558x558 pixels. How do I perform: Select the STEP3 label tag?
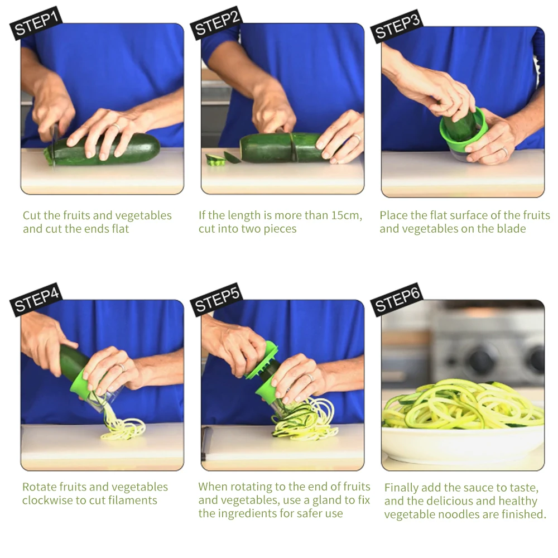pyautogui.click(x=397, y=25)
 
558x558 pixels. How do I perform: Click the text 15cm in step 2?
pyautogui.click(x=347, y=215)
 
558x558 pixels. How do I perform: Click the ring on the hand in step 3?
pyautogui.click(x=503, y=151)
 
